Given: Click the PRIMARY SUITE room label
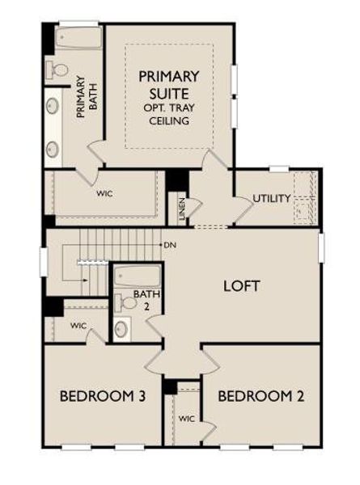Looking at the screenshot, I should [x=169, y=85].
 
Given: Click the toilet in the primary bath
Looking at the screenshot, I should [x=59, y=70].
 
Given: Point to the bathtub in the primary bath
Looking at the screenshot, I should [x=78, y=38].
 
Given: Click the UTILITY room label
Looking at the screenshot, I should [x=271, y=198].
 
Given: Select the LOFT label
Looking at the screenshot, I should [x=241, y=285].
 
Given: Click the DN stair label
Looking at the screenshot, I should [x=169, y=244].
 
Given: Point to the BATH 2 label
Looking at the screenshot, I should [x=142, y=300].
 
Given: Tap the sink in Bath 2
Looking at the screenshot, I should [x=121, y=329].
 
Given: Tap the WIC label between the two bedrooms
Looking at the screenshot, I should [x=187, y=419].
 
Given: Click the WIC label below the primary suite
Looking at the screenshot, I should [x=104, y=194].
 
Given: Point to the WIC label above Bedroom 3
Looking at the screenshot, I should [x=78, y=326].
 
